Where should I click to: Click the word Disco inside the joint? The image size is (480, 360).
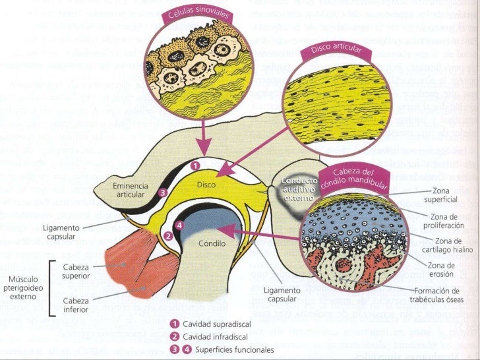click(x=206, y=185)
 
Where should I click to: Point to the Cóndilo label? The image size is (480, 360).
click(x=212, y=243)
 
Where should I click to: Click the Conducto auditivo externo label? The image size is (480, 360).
click(x=299, y=187)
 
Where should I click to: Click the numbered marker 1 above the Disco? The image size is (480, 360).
click(x=195, y=165)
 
